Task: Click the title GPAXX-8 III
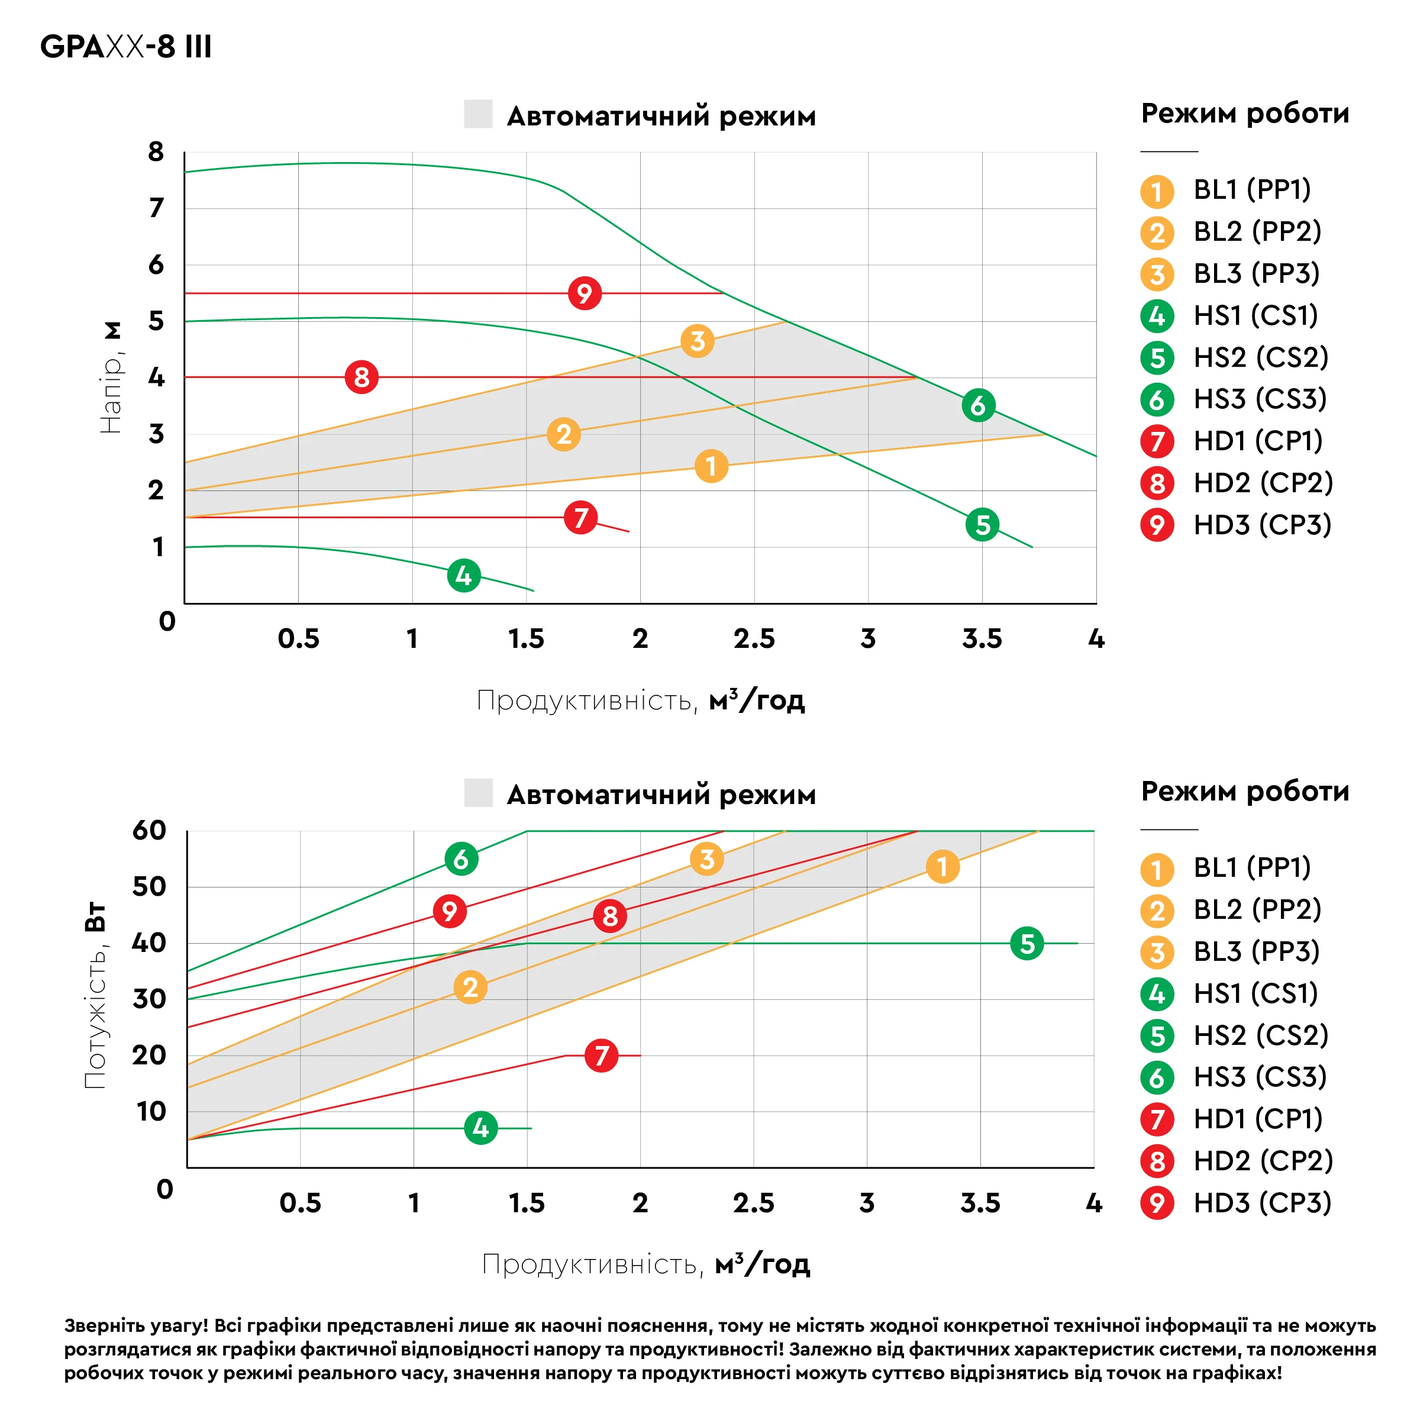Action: tap(125, 46)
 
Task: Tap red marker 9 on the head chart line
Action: tap(585, 293)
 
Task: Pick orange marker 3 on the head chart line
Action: tap(698, 341)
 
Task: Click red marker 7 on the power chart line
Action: tap(602, 1056)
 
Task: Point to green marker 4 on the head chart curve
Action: tap(463, 576)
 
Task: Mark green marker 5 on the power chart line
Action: tap(1027, 943)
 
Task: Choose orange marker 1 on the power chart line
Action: tap(942, 867)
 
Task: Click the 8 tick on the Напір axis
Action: tap(156, 152)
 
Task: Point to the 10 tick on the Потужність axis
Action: tap(152, 1111)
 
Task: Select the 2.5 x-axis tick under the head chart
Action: tap(754, 639)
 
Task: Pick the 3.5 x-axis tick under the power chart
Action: tap(980, 1203)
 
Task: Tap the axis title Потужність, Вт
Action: tap(95, 995)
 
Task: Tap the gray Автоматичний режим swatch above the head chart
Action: tap(478, 114)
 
